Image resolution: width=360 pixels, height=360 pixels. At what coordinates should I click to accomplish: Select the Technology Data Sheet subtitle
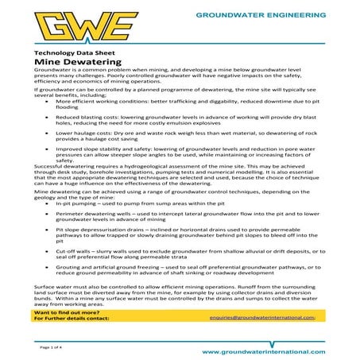68,51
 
